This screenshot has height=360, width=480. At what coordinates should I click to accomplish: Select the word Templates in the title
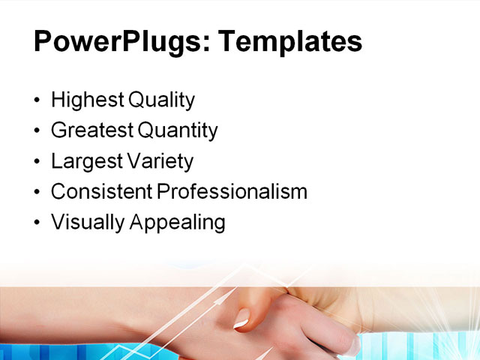coord(289,41)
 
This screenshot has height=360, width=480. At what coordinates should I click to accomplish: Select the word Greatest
coord(91,130)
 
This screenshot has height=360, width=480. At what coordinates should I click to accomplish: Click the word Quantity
coord(178,130)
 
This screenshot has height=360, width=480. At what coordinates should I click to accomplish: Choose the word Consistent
coord(101,192)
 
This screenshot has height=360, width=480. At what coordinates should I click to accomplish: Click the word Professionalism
coord(232,192)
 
